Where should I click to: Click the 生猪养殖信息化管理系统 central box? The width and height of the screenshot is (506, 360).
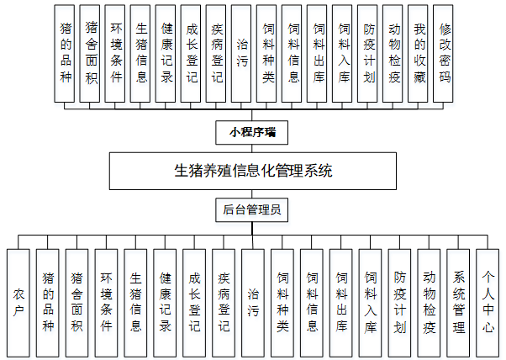coord(252,172)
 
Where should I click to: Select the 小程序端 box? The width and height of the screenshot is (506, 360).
coord(252,132)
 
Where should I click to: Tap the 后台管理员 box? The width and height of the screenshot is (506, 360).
coord(252,209)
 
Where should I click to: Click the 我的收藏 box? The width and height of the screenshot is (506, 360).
coord(419,53)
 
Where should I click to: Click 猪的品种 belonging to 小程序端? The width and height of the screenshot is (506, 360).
coord(66,53)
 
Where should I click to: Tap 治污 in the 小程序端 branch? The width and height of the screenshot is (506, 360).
coord(241,53)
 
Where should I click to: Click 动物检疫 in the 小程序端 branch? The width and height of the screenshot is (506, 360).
coord(393,53)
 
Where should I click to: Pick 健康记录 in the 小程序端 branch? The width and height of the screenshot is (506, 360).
coord(166,53)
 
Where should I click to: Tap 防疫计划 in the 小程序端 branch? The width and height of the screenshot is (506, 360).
coord(368,53)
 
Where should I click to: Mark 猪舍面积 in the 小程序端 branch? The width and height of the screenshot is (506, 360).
coord(91,53)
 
